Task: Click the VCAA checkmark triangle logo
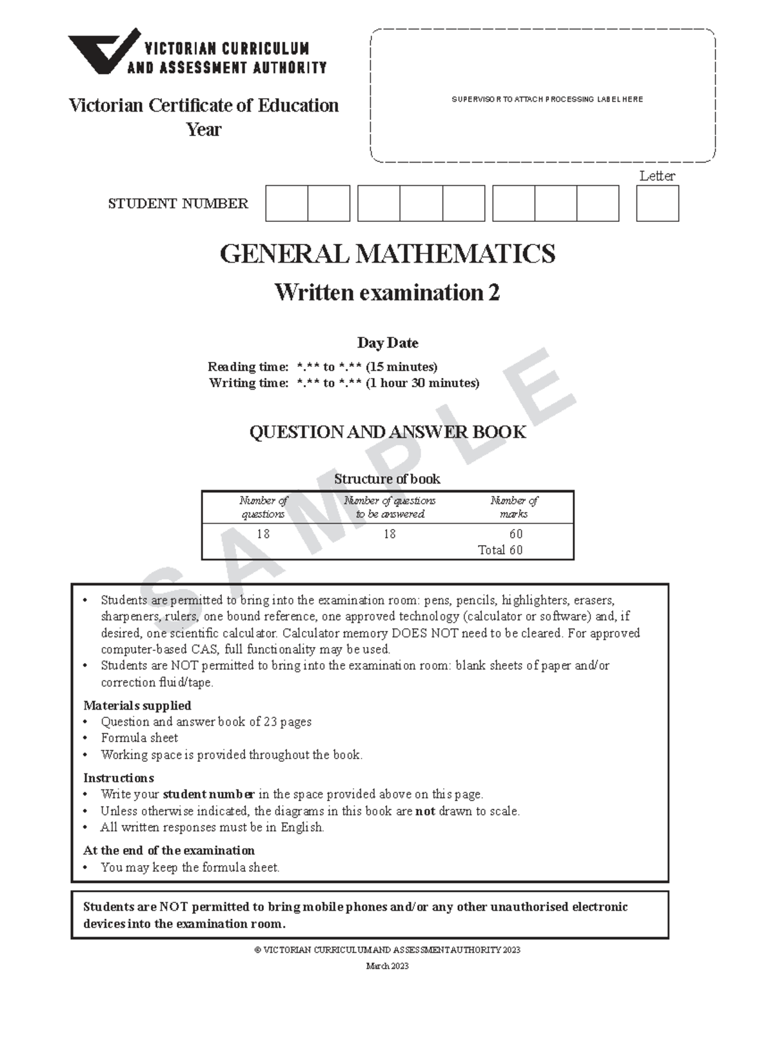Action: pyautogui.click(x=103, y=50)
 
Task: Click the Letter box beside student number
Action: pyautogui.click(x=657, y=203)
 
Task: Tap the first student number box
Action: pyautogui.click(x=286, y=203)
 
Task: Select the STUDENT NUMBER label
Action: pyautogui.click(x=178, y=204)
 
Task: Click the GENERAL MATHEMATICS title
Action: pyautogui.click(x=387, y=254)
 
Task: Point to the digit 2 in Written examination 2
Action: pyautogui.click(x=493, y=293)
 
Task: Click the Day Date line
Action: pyautogui.click(x=388, y=343)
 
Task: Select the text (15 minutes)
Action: pyautogui.click(x=401, y=366)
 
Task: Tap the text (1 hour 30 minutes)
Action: pyautogui.click(x=422, y=383)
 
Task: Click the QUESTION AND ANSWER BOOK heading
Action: pyautogui.click(x=388, y=432)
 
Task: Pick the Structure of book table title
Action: pyautogui.click(x=387, y=479)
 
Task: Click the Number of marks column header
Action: pyautogui.click(x=513, y=507)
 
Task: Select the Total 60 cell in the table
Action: pyautogui.click(x=500, y=550)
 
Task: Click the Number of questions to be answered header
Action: pyautogui.click(x=390, y=507)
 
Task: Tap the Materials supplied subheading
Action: pyautogui.click(x=137, y=705)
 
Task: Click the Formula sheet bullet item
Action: pyautogui.click(x=139, y=738)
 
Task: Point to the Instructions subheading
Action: pyautogui.click(x=119, y=777)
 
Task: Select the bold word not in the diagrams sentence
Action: pyautogui.click(x=425, y=811)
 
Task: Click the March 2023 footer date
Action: pyautogui.click(x=387, y=966)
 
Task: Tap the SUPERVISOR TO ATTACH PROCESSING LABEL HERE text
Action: pyautogui.click(x=547, y=99)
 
